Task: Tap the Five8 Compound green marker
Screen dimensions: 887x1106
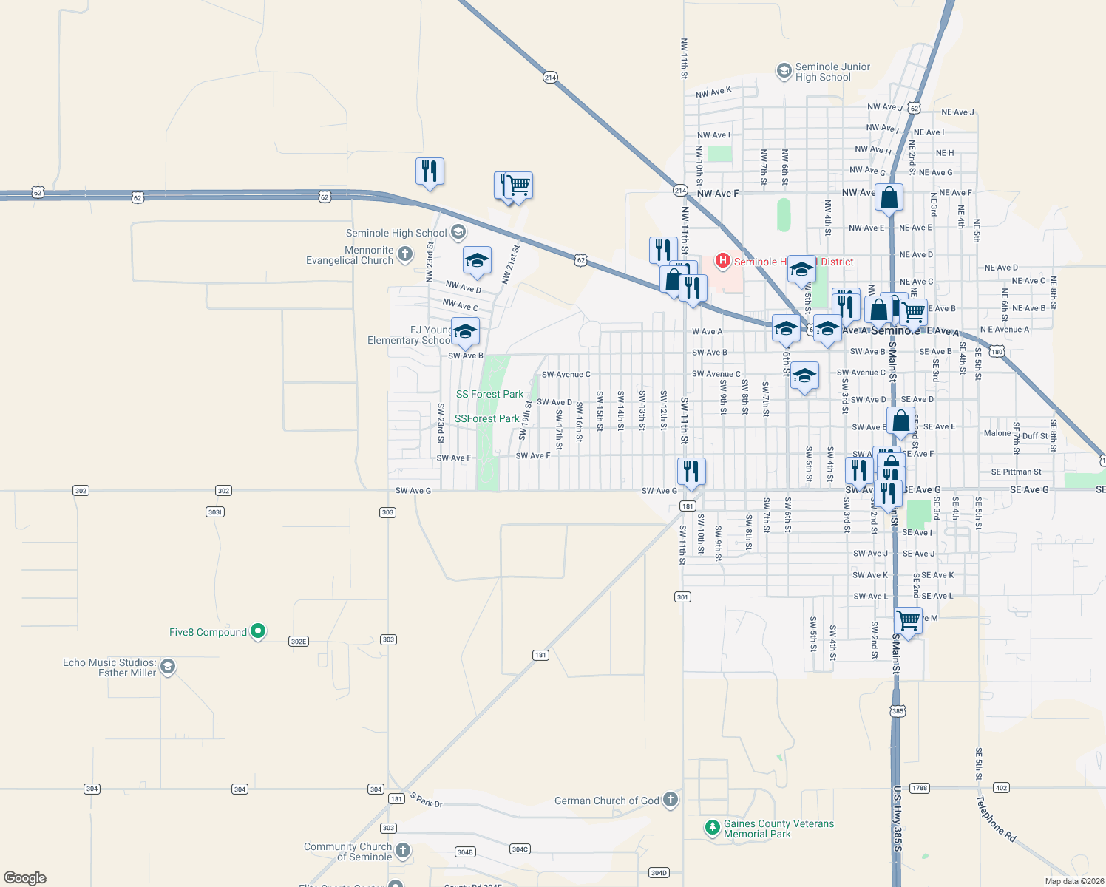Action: click(258, 631)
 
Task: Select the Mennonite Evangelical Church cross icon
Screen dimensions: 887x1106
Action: click(404, 255)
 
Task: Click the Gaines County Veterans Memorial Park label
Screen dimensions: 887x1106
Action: click(778, 829)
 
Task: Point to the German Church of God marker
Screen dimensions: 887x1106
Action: click(671, 800)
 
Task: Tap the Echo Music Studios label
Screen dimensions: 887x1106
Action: click(109, 667)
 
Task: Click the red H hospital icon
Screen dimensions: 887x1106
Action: click(723, 261)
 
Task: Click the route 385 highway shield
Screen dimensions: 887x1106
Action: click(897, 711)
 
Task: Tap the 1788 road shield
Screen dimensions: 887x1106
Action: click(919, 788)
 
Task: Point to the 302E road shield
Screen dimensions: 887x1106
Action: click(298, 642)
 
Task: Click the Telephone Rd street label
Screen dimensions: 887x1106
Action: click(995, 818)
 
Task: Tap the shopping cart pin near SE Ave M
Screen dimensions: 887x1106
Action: click(908, 621)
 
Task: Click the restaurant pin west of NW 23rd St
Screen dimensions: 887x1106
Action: click(430, 171)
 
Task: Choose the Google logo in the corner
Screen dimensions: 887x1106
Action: click(25, 878)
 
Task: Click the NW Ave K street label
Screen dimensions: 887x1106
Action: click(713, 92)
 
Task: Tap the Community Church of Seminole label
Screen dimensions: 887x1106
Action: click(347, 852)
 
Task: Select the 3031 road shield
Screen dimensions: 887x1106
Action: click(214, 512)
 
